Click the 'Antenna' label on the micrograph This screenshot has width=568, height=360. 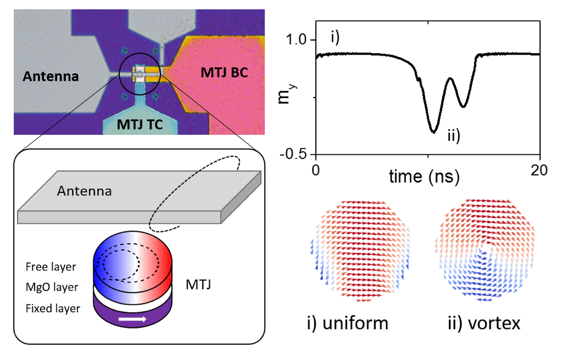[x=51, y=76]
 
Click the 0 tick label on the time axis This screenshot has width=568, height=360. [x=315, y=170]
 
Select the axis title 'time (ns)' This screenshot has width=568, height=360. [x=424, y=177]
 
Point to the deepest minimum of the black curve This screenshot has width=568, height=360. [x=433, y=131]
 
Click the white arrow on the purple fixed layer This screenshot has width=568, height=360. [x=134, y=317]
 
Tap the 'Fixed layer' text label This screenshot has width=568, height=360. [x=53, y=309]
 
